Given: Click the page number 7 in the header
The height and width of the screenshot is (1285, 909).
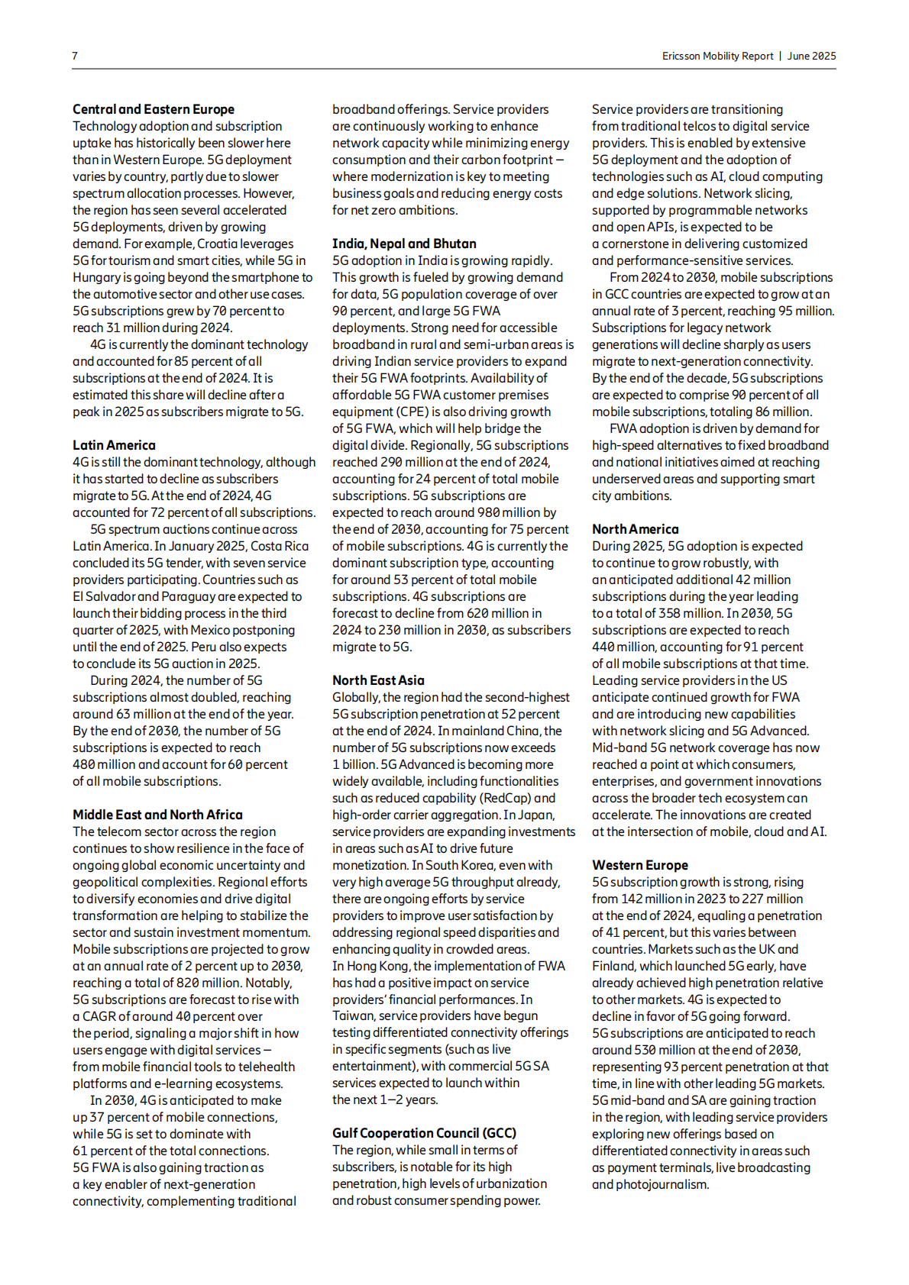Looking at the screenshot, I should (75, 56).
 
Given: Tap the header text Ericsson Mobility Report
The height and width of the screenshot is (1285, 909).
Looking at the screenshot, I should (717, 56).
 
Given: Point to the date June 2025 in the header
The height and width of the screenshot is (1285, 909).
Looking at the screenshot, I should (811, 56).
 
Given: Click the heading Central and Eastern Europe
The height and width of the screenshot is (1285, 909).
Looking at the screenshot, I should (154, 109).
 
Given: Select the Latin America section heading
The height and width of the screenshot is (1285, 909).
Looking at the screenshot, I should (114, 445).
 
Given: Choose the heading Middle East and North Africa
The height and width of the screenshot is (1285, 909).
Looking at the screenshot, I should (157, 815).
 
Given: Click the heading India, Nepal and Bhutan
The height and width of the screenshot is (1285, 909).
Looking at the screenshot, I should (404, 244).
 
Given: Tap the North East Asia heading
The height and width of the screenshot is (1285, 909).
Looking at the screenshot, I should (378, 680).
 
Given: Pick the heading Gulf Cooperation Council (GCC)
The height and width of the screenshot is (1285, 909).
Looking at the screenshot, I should (424, 1133).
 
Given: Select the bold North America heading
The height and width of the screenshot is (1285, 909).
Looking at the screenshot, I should (635, 529).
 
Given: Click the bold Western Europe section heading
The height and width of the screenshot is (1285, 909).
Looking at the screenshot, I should (639, 865).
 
